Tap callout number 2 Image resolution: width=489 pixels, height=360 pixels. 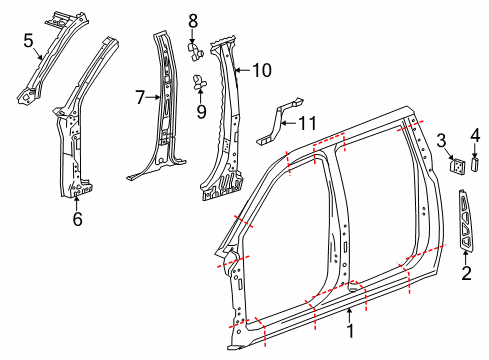click(466, 271)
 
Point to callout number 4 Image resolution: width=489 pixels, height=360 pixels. click(475, 132)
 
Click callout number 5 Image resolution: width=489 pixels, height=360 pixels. click(29, 40)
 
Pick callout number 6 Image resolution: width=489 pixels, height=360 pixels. click(78, 217)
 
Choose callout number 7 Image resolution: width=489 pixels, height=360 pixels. click(141, 97)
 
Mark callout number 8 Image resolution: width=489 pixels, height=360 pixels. click(194, 19)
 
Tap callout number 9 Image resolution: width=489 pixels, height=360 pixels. click(201, 110)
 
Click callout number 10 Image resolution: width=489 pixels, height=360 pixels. click(261, 70)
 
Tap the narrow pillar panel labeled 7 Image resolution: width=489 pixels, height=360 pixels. click(160, 110)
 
